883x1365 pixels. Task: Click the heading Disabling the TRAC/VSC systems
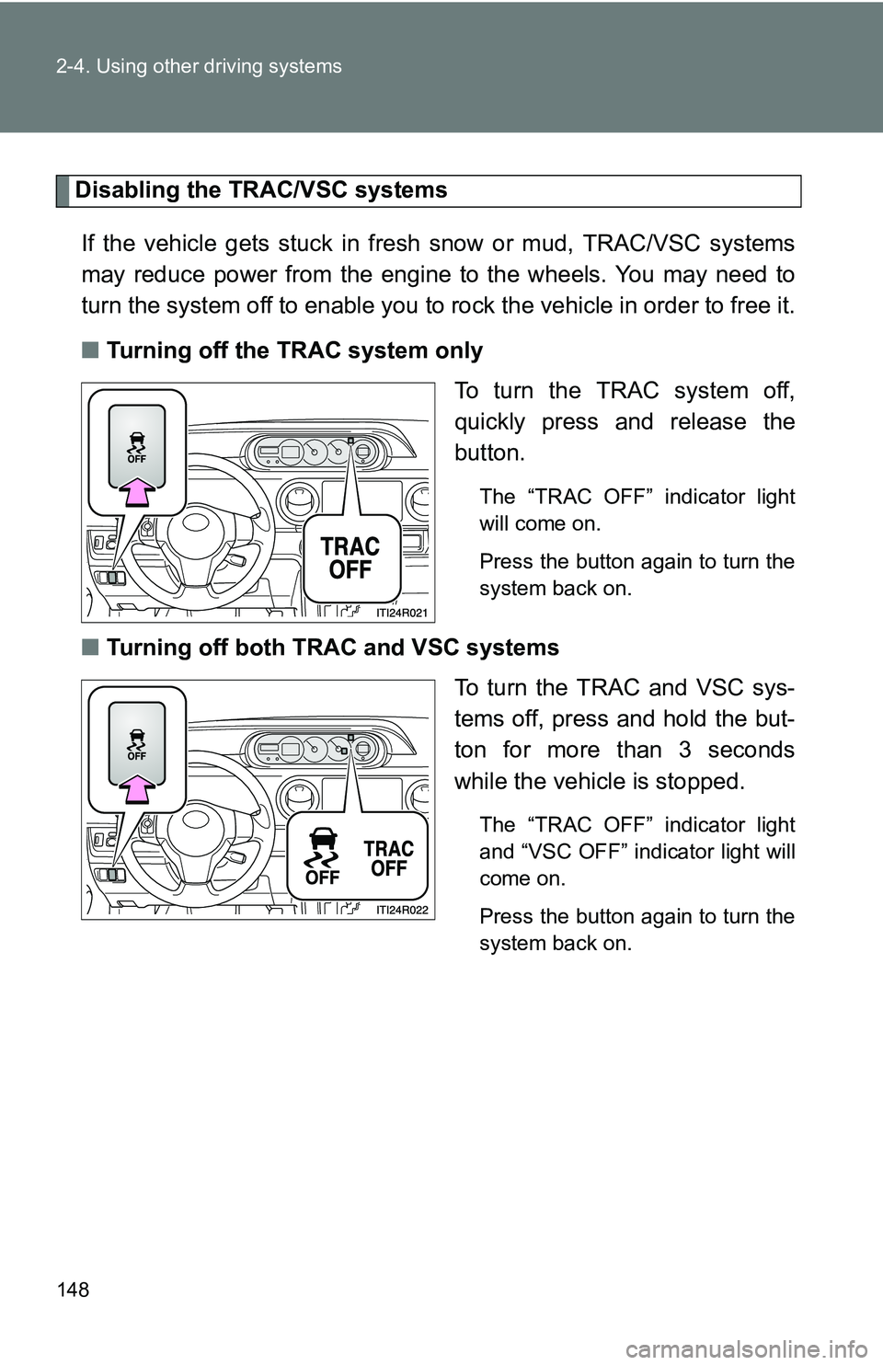click(261, 190)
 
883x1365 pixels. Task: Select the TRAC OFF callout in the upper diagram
click(350, 557)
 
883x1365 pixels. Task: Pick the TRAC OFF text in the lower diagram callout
click(389, 857)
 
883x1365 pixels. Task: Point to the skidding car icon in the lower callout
click(323, 855)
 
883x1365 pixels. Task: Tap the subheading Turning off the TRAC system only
click(294, 350)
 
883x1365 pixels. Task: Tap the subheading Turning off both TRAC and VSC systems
click(333, 648)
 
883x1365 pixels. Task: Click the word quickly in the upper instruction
click(496, 422)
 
